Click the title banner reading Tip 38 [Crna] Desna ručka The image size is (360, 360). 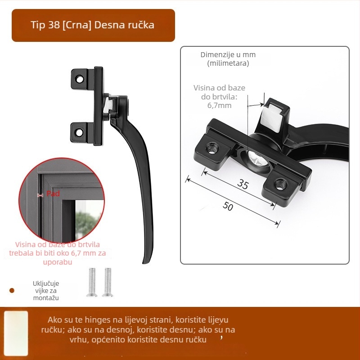[93, 25]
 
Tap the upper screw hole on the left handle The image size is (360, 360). [80, 80]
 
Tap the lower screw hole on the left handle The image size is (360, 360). [79, 132]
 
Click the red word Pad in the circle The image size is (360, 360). [53, 193]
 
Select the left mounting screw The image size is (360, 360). [92, 282]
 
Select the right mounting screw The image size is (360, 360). [108, 282]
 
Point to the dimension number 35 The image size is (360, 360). [243, 184]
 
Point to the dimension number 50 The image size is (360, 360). [228, 206]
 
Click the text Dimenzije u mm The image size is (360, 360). [228, 54]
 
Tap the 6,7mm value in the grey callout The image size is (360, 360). [219, 105]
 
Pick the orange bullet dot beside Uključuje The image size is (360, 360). [12, 291]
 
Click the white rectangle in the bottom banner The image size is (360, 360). [16, 333]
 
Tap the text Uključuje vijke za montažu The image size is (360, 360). [46, 291]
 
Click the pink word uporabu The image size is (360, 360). [58, 262]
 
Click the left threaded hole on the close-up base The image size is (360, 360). [211, 148]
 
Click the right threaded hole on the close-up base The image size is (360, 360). [280, 184]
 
